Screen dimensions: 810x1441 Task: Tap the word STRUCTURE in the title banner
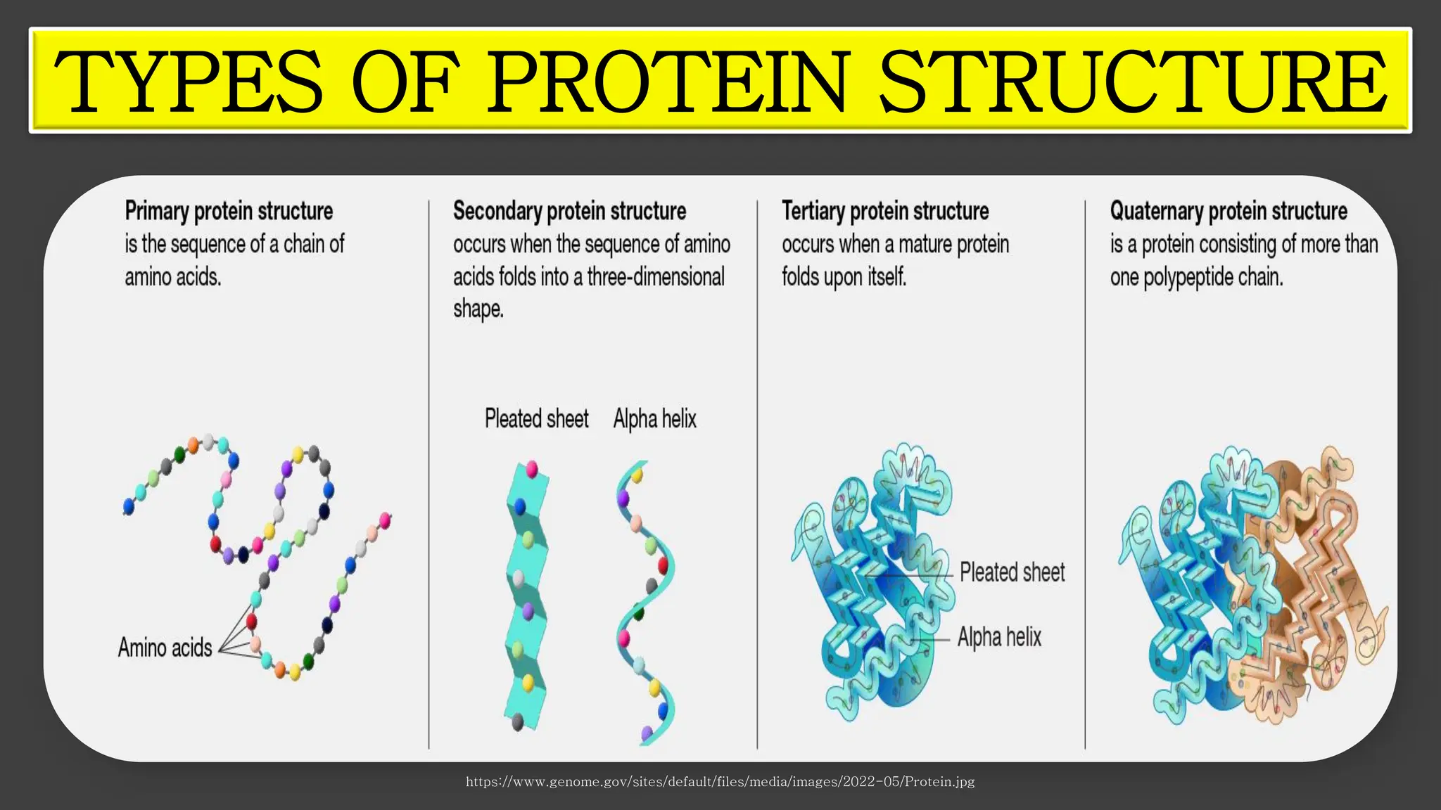click(x=1133, y=82)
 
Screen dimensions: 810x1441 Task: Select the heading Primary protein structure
click(x=229, y=211)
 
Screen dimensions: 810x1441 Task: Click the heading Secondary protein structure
click(x=569, y=211)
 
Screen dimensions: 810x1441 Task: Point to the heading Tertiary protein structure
click(x=885, y=211)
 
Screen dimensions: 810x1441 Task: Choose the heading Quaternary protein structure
click(x=1229, y=211)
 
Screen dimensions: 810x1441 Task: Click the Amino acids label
click(x=165, y=648)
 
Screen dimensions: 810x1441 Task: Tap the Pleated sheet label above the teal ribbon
click(x=536, y=419)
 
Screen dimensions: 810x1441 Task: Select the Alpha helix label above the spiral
click(x=654, y=419)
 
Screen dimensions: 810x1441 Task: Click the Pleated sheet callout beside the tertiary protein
click(x=1012, y=572)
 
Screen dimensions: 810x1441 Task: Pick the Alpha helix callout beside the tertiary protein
click(x=999, y=637)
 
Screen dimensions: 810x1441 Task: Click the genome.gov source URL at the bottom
click(x=720, y=781)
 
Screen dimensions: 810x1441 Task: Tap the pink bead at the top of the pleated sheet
click(x=532, y=468)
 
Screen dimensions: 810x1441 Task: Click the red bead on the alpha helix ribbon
click(x=663, y=564)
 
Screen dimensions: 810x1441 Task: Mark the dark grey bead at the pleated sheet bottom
click(x=518, y=721)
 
